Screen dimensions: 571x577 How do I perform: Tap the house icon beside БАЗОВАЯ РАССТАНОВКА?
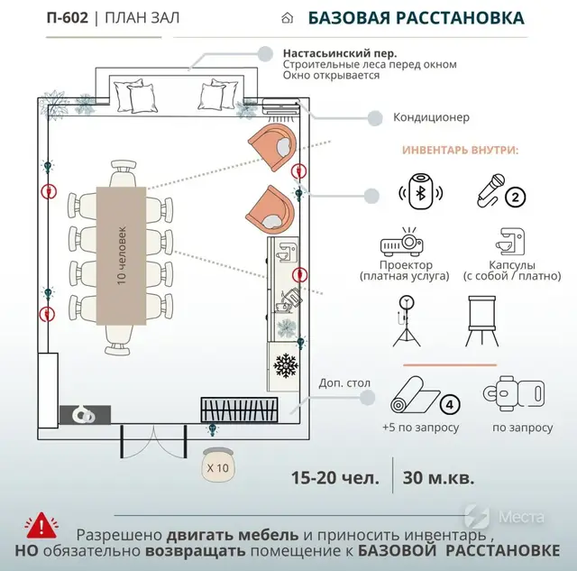[288, 18]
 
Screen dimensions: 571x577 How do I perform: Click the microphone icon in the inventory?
[488, 190]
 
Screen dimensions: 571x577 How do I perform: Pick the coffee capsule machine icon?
[505, 240]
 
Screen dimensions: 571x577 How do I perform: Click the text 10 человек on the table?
[121, 255]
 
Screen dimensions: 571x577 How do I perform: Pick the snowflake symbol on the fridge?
[287, 366]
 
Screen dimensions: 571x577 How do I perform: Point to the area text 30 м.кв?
[440, 477]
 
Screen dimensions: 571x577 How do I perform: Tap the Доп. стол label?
[344, 383]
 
